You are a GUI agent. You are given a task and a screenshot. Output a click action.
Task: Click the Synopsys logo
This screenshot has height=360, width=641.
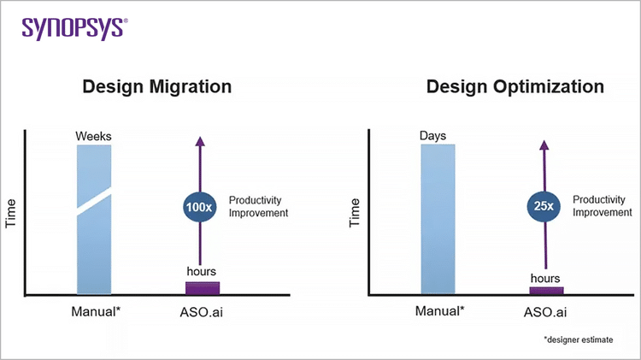click(74, 27)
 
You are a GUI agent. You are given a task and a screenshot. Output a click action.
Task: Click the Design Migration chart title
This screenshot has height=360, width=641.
click(156, 87)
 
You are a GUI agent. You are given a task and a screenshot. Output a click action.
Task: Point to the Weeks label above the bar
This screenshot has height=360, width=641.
click(94, 136)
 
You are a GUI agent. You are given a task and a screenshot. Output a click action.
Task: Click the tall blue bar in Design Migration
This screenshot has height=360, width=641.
click(94, 248)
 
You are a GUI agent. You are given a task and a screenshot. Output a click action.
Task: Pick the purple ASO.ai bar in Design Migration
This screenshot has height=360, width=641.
click(203, 288)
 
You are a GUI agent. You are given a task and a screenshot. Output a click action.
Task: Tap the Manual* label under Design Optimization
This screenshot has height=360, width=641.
click(439, 310)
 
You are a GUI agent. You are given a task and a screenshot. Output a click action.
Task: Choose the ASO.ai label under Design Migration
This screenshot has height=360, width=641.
click(203, 311)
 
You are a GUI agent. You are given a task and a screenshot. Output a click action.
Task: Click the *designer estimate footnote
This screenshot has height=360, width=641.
click(579, 339)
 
